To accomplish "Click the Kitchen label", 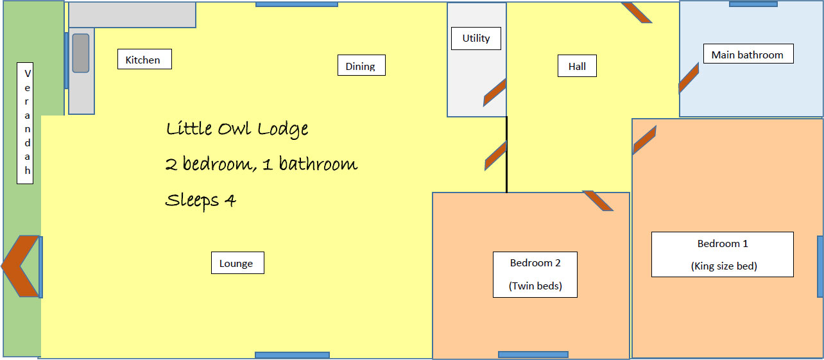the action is (144, 59).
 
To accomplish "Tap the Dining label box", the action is (361, 65).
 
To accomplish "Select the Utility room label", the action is (476, 39).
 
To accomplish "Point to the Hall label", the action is (577, 66).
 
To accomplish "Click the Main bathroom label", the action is (748, 54).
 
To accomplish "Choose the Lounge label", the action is (237, 263).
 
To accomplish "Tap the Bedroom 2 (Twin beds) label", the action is (535, 275).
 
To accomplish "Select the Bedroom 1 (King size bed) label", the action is (723, 255).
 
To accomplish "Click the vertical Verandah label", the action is (25, 123).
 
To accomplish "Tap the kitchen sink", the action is (81, 53).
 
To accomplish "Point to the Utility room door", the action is (495, 92).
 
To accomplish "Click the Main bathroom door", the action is (689, 78).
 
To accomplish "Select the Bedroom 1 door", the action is (644, 140).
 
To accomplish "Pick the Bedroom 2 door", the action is (598, 201).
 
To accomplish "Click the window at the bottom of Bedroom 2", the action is (533, 354).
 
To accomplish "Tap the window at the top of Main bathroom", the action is (753, 4).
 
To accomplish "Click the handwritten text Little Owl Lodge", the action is (237, 130).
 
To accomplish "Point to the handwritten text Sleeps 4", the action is (200, 201).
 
